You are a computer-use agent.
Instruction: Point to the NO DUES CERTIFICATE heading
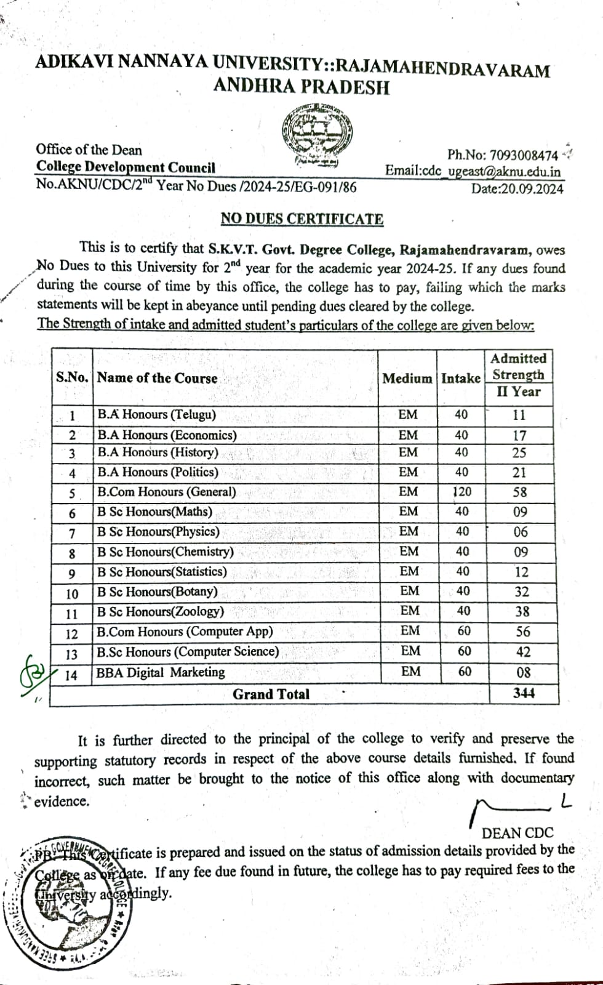pos(301,219)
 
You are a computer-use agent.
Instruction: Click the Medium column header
pos(407,378)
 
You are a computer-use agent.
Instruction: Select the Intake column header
pos(461,378)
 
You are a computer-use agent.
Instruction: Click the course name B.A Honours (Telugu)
pos(156,414)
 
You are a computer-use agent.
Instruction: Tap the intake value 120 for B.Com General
pos(461,492)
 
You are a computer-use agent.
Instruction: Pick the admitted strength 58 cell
pos(519,492)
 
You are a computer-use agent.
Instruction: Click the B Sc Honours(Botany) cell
pos(157,592)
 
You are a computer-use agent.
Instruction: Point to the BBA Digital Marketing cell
pos(161,672)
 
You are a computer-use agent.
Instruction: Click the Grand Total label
pos(271,694)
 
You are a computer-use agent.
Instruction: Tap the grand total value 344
pos(524,693)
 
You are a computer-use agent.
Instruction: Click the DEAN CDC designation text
pos(517,833)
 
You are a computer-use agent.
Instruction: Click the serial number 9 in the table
pos(72,574)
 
